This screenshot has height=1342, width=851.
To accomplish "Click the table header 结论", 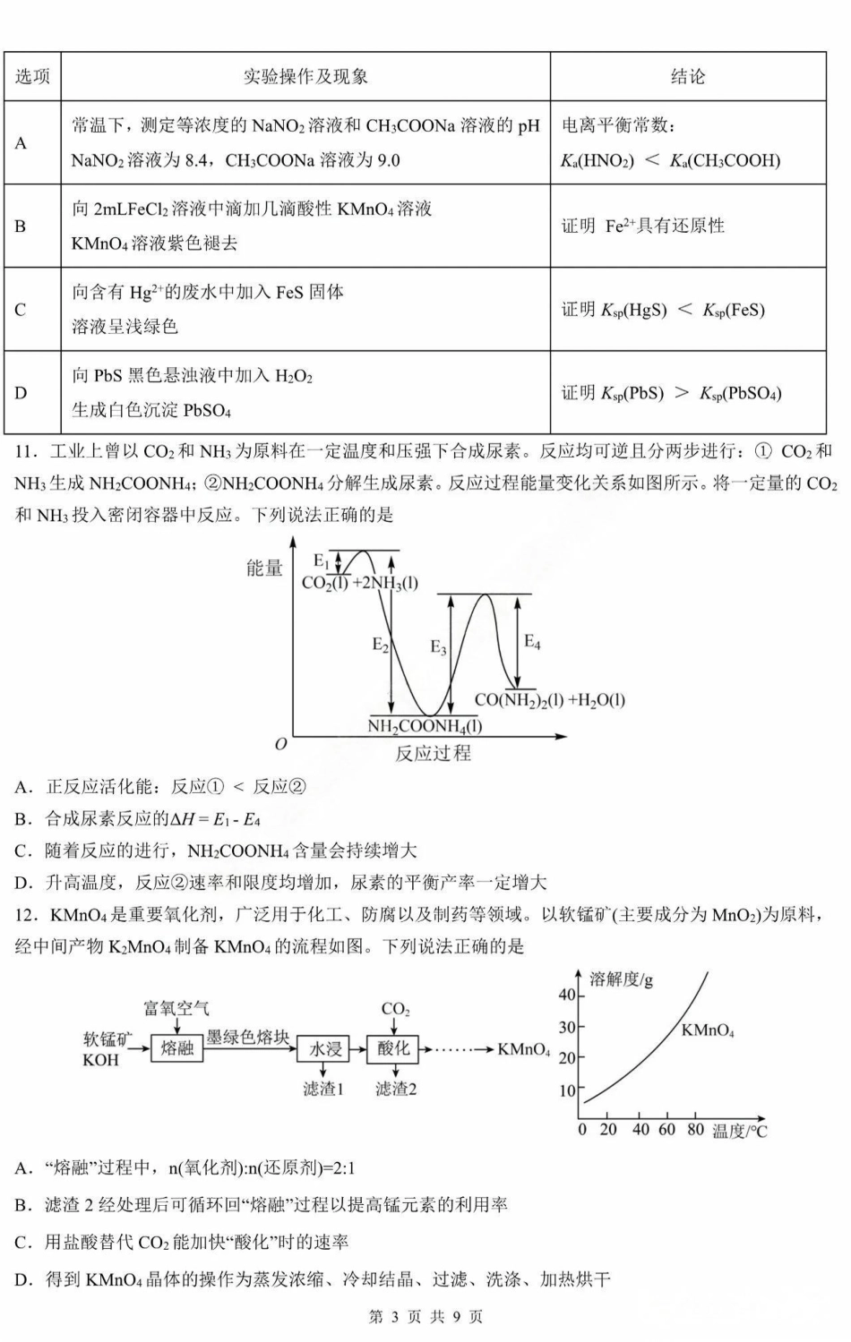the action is click(x=687, y=77).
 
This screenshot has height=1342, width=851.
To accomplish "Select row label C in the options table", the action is click(x=21, y=310).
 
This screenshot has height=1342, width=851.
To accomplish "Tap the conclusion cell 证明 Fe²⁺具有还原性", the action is click(x=642, y=226).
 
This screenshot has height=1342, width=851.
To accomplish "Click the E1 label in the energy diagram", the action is click(x=322, y=560).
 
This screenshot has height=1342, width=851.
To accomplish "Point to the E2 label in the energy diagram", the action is click(x=381, y=644).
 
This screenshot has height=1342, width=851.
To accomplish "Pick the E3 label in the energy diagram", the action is click(x=438, y=646).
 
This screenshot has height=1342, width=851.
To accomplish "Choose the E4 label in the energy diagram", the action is click(x=532, y=641).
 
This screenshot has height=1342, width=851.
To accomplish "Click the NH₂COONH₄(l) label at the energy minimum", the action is click(x=425, y=726).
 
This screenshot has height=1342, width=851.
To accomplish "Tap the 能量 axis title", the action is click(x=264, y=568).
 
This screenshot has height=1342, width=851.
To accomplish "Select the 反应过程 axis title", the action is click(x=433, y=753).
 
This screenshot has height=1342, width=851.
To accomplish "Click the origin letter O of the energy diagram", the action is click(x=281, y=744).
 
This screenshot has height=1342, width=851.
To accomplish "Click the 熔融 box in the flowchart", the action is click(x=177, y=1048).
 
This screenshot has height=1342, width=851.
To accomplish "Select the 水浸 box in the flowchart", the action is click(x=325, y=1048).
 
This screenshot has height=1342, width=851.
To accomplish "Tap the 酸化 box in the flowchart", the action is click(x=393, y=1048).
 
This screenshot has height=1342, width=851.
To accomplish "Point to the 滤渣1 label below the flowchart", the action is click(x=323, y=1089).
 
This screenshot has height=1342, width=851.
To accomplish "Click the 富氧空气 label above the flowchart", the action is click(x=176, y=1009).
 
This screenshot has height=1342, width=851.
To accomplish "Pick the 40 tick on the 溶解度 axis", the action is click(x=567, y=995).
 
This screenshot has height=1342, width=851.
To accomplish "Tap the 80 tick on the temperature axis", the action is click(x=695, y=1130).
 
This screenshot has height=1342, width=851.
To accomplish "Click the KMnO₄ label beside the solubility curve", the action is click(x=707, y=1030).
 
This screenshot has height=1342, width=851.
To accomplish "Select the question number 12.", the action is click(x=26, y=915).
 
